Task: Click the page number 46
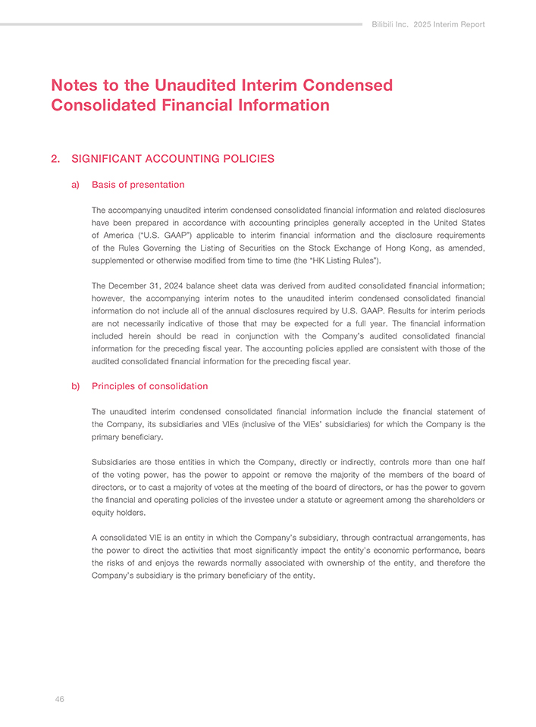(x=59, y=699)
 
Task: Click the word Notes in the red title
(x=74, y=86)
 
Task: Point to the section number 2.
(x=55, y=159)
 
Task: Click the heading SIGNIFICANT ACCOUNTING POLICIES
(x=173, y=159)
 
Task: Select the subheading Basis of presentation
(x=138, y=184)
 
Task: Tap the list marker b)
(x=76, y=386)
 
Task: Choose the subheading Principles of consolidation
(x=149, y=386)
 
